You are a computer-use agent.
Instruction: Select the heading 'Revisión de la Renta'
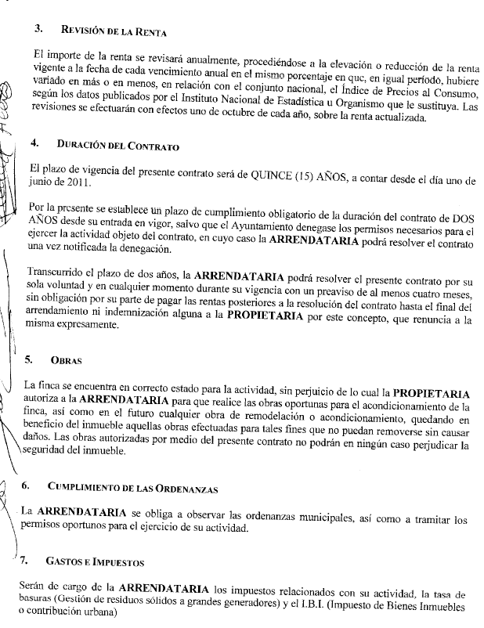pos(113,31)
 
